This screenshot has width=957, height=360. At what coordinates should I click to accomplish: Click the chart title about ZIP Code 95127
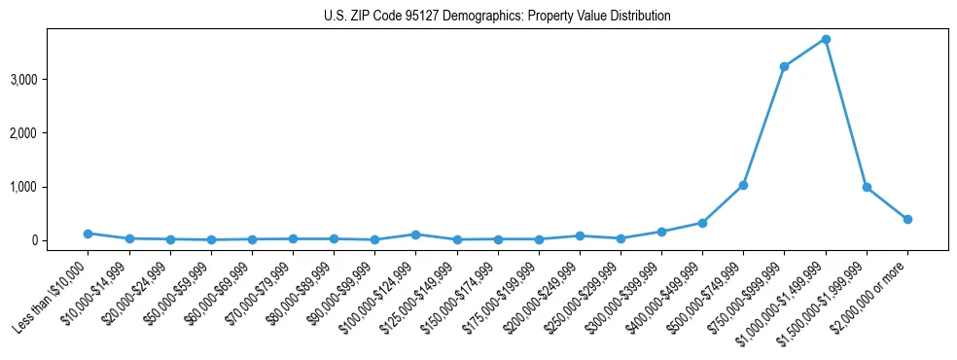(x=497, y=17)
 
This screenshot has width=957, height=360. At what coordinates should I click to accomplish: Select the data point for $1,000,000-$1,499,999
(x=825, y=39)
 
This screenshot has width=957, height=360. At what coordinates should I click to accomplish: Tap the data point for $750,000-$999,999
(x=784, y=66)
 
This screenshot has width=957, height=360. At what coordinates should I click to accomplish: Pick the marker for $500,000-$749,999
(x=743, y=185)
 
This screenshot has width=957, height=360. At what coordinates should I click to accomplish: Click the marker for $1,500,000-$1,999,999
(x=867, y=187)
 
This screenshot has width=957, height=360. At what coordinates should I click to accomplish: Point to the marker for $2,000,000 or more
(x=907, y=219)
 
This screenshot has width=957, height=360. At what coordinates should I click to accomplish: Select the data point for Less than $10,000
(x=88, y=234)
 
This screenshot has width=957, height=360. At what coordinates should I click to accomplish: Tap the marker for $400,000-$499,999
(x=702, y=223)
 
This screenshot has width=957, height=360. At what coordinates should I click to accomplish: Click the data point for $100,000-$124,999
(x=415, y=234)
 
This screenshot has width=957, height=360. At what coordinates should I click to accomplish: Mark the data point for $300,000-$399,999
(x=661, y=232)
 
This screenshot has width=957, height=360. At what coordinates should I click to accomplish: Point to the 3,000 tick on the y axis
(x=50, y=79)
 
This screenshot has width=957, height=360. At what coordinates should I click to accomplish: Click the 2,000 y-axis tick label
(x=50, y=132)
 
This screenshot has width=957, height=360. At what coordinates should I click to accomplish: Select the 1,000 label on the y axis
(x=50, y=187)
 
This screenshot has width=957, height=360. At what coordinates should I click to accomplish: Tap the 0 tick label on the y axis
(x=60, y=240)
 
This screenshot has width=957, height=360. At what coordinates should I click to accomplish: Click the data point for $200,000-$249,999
(x=580, y=235)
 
